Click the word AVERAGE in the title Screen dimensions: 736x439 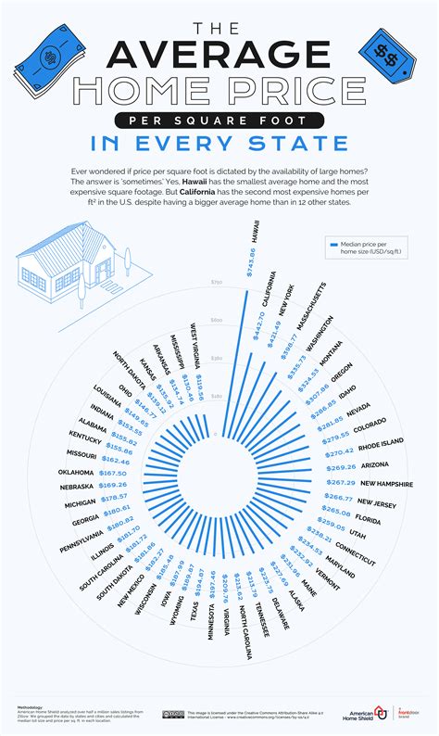click(219, 55)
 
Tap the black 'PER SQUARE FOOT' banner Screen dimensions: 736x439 click(219, 121)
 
